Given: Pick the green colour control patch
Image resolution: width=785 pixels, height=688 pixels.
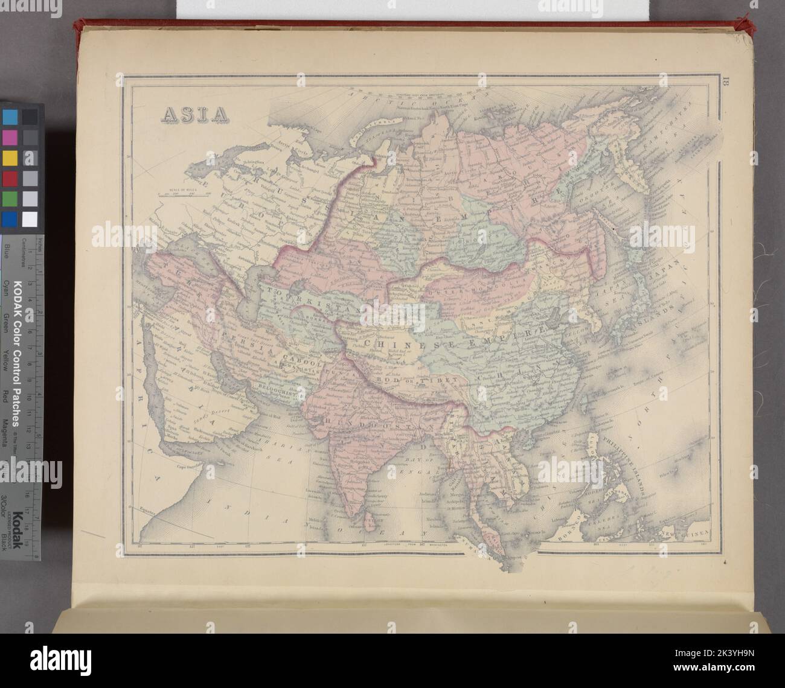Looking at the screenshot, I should (10, 199).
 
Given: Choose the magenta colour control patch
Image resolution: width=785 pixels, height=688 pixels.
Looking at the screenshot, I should (10, 136).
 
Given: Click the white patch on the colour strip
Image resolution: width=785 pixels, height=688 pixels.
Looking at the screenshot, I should (30, 219).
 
